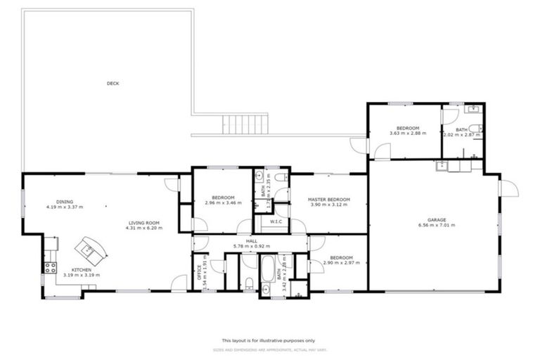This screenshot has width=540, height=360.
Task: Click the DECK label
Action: (x=112, y=84)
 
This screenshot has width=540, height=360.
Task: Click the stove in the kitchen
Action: (x=51, y=267)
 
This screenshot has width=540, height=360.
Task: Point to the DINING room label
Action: (x=65, y=202)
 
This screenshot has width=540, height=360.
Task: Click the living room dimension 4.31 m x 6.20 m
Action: (x=143, y=228)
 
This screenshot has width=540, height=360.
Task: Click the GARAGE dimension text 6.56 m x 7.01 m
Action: (x=436, y=225)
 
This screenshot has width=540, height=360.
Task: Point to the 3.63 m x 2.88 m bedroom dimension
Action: (x=407, y=134)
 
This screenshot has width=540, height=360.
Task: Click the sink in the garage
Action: (x=442, y=166)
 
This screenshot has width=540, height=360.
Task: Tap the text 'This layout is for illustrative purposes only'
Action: (x=270, y=340)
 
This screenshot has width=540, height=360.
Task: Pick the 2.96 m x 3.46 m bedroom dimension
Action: (x=223, y=203)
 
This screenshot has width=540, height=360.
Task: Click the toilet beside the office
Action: (x=250, y=284)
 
